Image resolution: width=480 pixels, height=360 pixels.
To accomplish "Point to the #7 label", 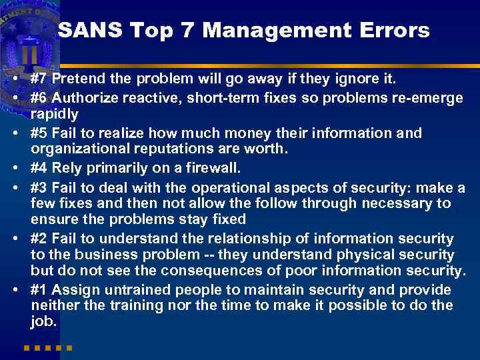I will [x=39, y=80].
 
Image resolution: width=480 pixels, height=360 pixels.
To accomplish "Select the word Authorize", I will [x=86, y=98].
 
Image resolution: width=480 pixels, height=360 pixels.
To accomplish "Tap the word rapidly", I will [x=55, y=114].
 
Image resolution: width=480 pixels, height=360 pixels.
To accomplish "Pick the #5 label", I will [x=39, y=133].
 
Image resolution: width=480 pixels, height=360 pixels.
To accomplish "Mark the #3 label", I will [x=39, y=187].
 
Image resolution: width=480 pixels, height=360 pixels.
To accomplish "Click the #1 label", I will [x=39, y=290].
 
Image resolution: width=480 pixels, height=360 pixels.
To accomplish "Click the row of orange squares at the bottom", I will [x=47, y=347].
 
